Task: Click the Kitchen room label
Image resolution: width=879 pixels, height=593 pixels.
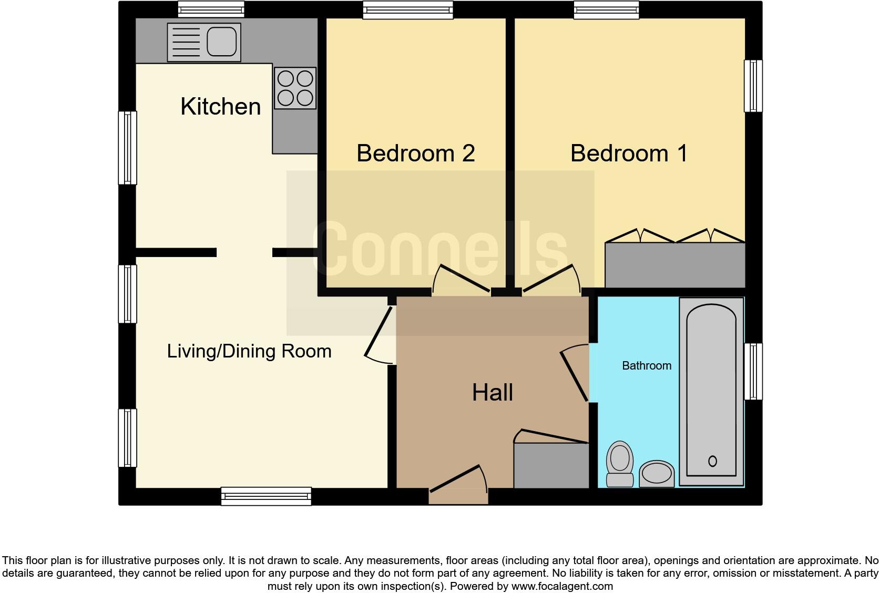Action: [x=220, y=107]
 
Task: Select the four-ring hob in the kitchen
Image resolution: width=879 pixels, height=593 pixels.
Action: [x=295, y=88]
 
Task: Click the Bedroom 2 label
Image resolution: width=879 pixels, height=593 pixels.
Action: [x=415, y=153]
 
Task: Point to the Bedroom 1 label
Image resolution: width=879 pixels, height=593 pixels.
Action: [x=629, y=153]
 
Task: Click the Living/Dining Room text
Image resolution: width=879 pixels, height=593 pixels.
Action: [x=249, y=351]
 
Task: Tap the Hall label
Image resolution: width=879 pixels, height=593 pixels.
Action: [x=492, y=393]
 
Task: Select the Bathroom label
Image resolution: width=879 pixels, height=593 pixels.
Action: [x=646, y=366]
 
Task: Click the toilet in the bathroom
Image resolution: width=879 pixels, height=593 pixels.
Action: [x=620, y=463]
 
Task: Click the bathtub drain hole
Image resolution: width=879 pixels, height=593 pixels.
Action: [x=712, y=461]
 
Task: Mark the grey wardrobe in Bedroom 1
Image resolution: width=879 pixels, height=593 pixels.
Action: [x=674, y=265]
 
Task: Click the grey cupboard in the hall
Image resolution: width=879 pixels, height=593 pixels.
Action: [x=550, y=466]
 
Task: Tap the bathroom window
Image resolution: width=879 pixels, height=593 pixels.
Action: [x=753, y=371]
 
